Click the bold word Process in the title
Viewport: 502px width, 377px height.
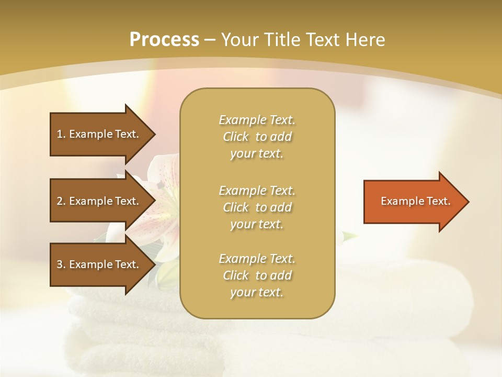164,40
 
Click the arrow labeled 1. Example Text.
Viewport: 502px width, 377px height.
99,134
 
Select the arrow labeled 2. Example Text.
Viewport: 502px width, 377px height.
99,201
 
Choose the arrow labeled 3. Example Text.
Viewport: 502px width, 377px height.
99,264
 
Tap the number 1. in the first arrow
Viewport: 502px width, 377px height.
61,134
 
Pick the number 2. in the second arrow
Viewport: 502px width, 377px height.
61,201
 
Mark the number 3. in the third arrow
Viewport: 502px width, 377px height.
61,264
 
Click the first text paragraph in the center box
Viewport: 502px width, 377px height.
257,137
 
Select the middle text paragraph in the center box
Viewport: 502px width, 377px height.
257,207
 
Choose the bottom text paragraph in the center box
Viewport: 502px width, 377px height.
257,275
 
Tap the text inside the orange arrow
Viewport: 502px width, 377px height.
416,201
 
